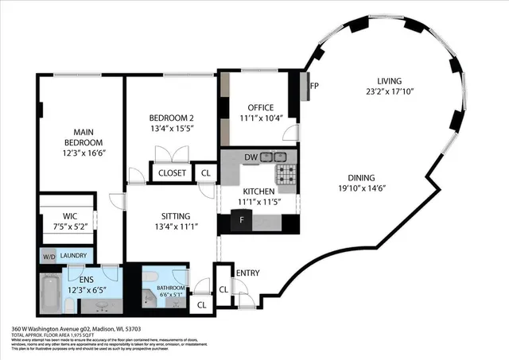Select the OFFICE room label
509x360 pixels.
click(x=260, y=107)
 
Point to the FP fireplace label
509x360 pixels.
click(x=314, y=86)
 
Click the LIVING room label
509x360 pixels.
click(x=389, y=81)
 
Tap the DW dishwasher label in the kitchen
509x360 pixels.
click(x=251, y=157)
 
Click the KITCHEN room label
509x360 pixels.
click(x=259, y=192)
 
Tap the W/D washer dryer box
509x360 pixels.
click(x=49, y=256)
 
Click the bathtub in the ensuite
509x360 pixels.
click(x=49, y=291)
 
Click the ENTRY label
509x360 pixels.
click(x=247, y=273)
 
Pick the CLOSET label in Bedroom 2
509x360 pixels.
click(x=173, y=172)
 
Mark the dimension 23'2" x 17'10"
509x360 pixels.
click(x=389, y=91)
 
